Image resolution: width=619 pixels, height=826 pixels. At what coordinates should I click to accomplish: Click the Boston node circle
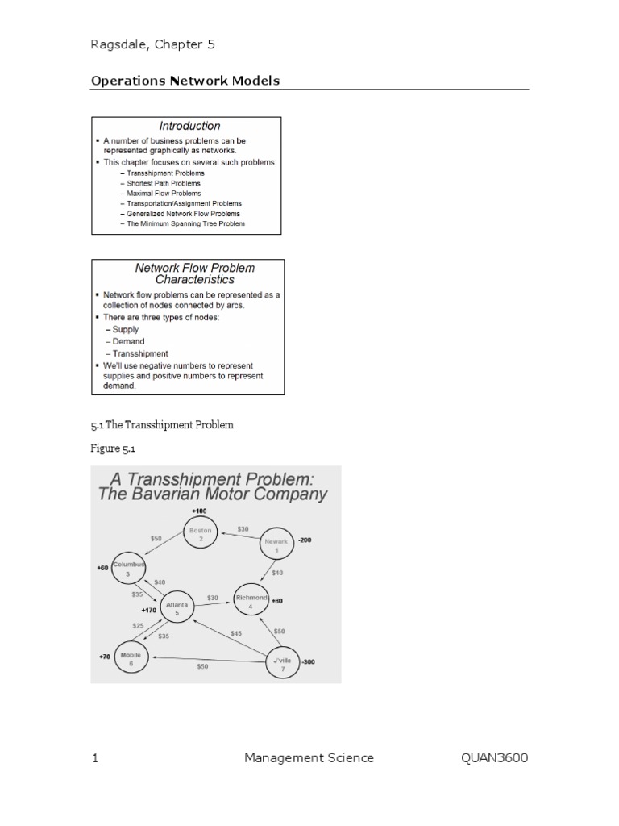(201, 535)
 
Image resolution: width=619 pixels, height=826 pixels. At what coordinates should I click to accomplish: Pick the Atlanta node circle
(177, 608)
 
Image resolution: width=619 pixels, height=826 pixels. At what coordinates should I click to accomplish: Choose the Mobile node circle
(131, 658)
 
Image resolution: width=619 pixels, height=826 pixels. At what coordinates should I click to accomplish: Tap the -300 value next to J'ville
(308, 661)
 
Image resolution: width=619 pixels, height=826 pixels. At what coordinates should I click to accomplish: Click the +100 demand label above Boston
(199, 511)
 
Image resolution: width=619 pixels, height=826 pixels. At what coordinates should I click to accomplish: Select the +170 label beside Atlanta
(149, 611)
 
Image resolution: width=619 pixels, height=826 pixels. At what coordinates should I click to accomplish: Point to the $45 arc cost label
(235, 633)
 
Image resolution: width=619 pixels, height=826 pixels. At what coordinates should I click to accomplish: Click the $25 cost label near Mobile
(139, 625)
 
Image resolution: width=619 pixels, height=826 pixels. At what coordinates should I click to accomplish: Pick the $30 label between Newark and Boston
(243, 529)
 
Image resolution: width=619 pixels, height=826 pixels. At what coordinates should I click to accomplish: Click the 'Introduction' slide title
(189, 126)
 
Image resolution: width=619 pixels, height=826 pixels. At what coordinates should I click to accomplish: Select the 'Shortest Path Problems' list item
(164, 183)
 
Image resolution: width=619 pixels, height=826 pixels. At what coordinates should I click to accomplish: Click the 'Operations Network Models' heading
(185, 81)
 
